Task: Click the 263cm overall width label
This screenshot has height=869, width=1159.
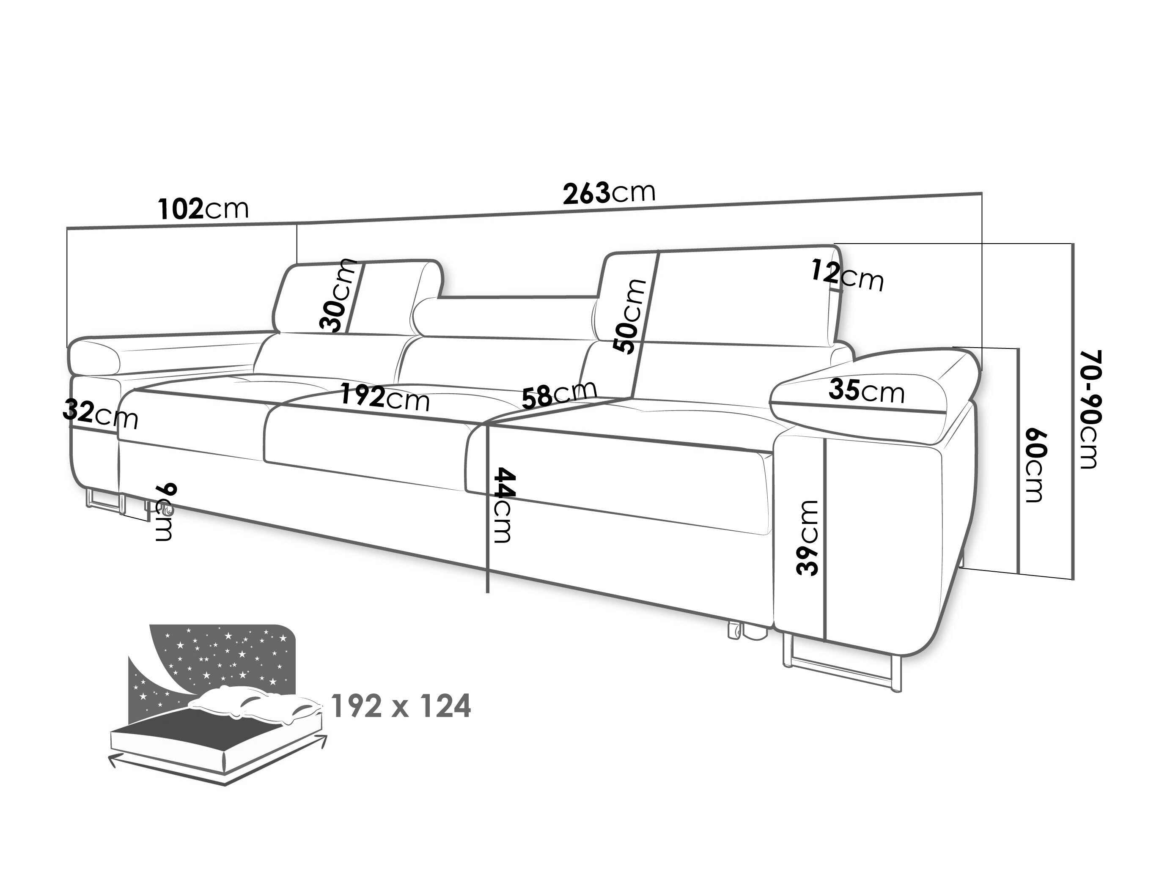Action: [x=609, y=193]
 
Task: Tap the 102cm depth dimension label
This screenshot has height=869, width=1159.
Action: [x=203, y=209]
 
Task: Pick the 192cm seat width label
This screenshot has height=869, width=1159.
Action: [x=385, y=397]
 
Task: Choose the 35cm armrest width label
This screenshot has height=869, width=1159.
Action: [x=867, y=391]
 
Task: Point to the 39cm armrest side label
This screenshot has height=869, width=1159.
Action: [x=807, y=538]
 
